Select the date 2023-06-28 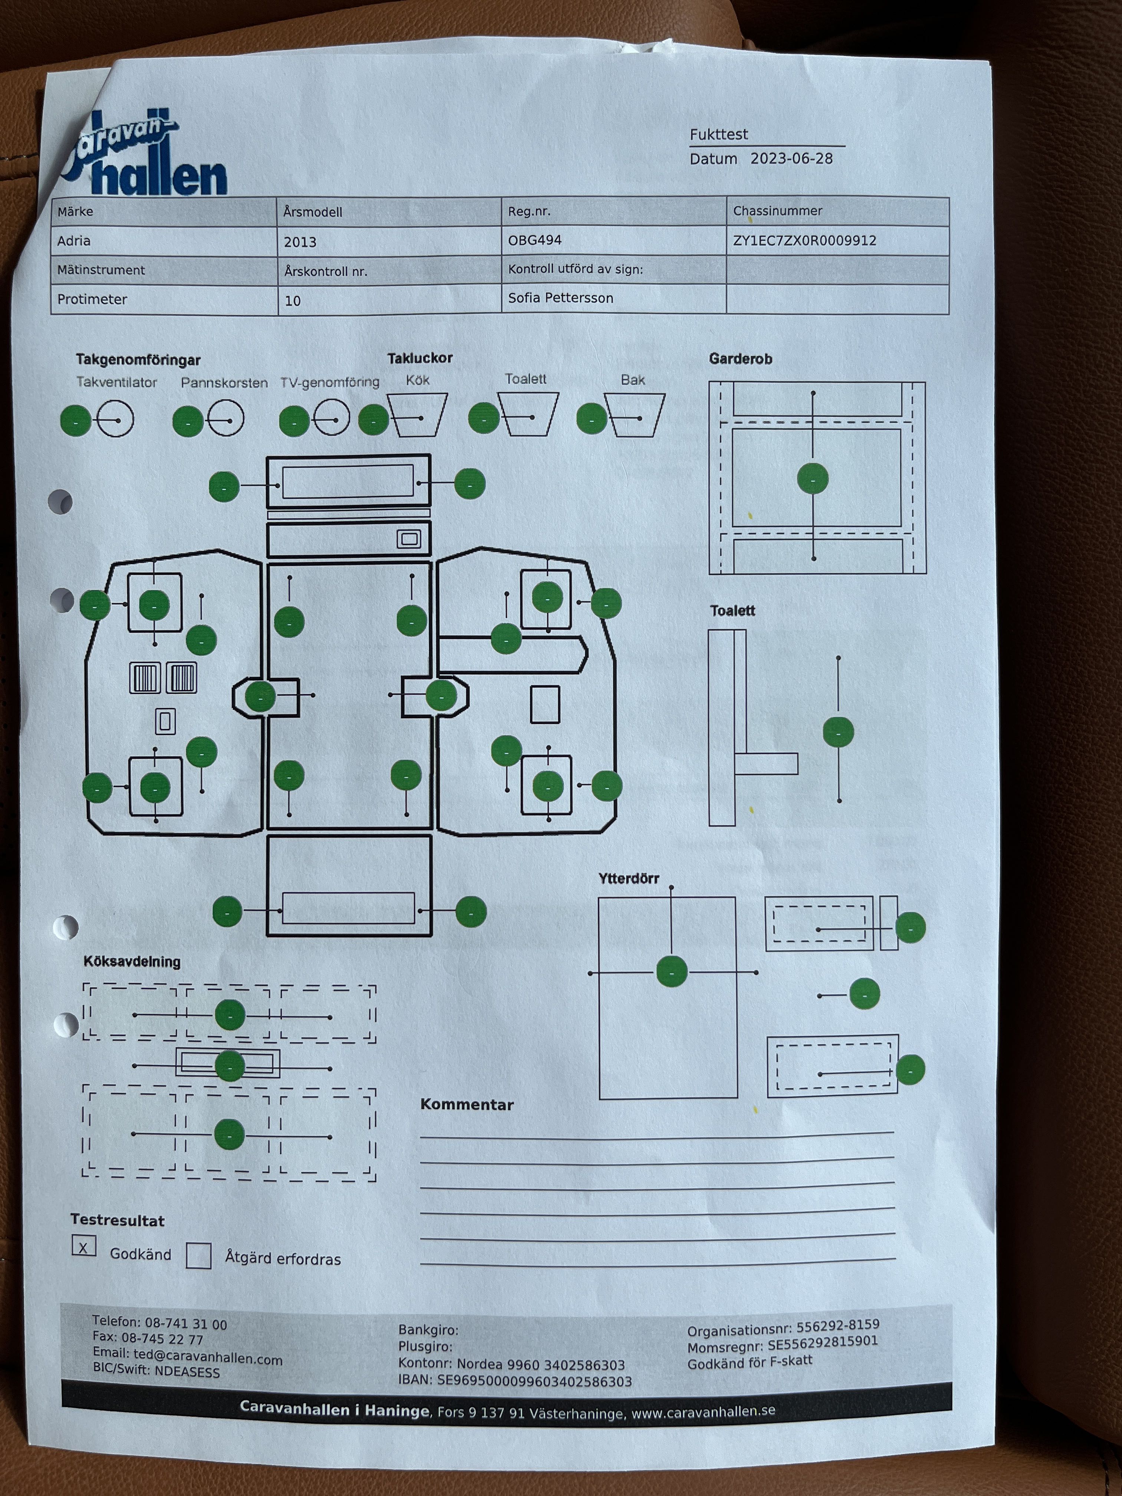791,159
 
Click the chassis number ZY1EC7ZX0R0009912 804,241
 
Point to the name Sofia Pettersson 561,298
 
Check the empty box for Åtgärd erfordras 198,1256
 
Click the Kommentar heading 467,1105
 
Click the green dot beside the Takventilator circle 76,421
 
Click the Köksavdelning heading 132,962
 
